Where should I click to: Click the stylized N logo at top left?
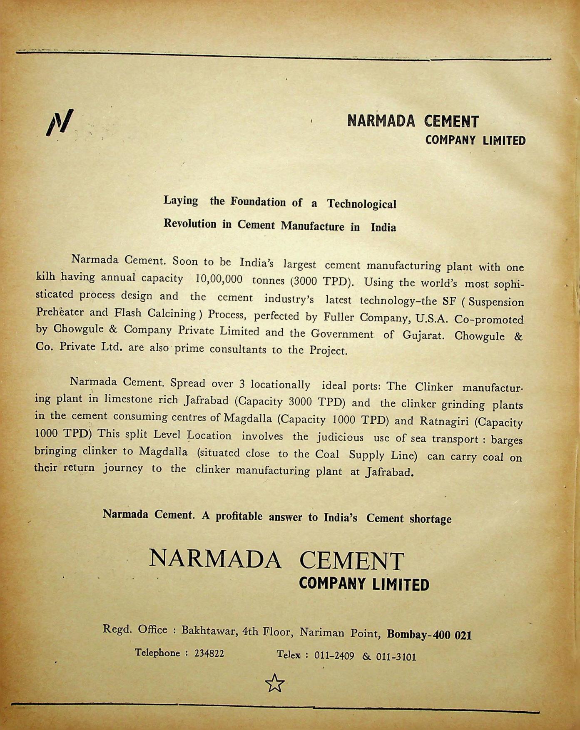60,122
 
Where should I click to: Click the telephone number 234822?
209,653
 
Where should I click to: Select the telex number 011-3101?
396,657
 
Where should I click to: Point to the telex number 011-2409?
334,656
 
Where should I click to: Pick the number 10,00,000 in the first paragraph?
219,279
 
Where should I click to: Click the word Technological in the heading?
361,204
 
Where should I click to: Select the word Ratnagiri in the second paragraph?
445,421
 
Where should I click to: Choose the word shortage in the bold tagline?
431,519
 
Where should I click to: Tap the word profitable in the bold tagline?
239,516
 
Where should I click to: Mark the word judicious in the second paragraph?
340,437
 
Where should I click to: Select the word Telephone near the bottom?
157,653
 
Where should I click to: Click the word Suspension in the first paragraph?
496,301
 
